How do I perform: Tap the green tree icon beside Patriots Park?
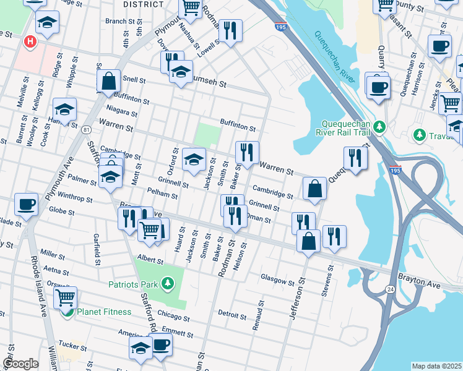tap(167, 284)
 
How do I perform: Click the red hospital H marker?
tap(28, 42)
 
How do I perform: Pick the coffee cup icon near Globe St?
tap(26, 204)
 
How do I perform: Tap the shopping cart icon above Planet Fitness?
tap(65, 297)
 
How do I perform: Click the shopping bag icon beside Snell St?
tap(108, 80)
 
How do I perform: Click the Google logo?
tap(20, 364)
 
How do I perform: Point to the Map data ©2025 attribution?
tap(436, 366)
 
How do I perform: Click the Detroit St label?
tap(232, 315)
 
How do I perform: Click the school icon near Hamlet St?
tap(65, 109)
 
